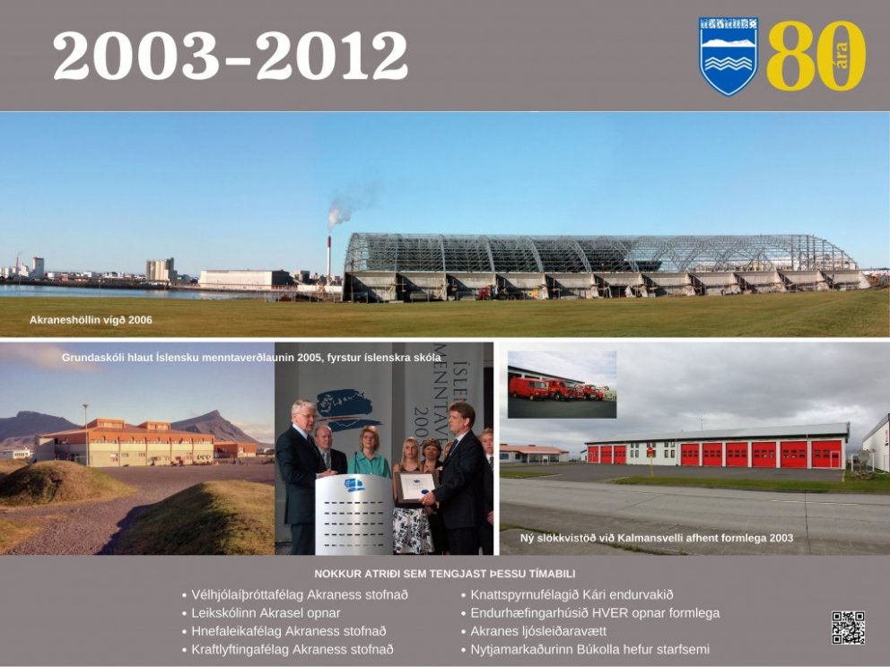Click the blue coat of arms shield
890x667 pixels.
tap(729, 56)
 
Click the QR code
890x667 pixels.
tap(848, 628)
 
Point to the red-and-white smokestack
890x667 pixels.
tap(328, 258)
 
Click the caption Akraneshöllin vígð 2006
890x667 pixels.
tap(91, 320)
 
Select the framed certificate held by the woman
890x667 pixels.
tap(415, 487)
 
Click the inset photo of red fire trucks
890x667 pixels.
tap(562, 385)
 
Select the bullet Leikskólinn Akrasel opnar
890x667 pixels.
tap(261, 613)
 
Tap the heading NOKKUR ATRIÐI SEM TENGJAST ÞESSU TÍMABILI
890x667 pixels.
tap(445, 574)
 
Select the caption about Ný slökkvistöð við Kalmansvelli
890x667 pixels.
tap(657, 538)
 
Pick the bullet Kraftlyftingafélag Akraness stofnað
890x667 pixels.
tap(288, 649)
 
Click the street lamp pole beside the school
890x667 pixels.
tap(86, 435)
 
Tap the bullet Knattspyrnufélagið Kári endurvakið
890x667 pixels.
tap(567, 595)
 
